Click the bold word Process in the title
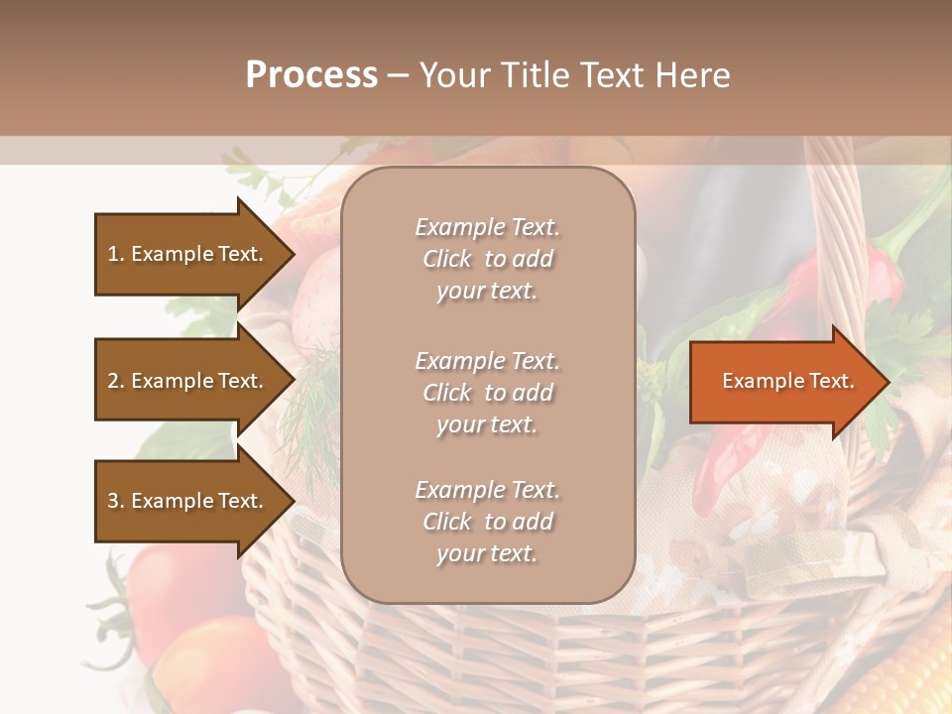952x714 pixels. (x=311, y=74)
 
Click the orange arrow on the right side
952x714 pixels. (x=783, y=381)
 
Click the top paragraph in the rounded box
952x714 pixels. (x=487, y=259)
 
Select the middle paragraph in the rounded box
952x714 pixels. (x=487, y=393)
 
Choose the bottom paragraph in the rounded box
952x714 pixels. (x=487, y=522)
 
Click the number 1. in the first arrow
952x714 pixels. (x=115, y=254)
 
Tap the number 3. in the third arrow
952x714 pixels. (x=115, y=501)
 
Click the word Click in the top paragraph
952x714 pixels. (x=446, y=259)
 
